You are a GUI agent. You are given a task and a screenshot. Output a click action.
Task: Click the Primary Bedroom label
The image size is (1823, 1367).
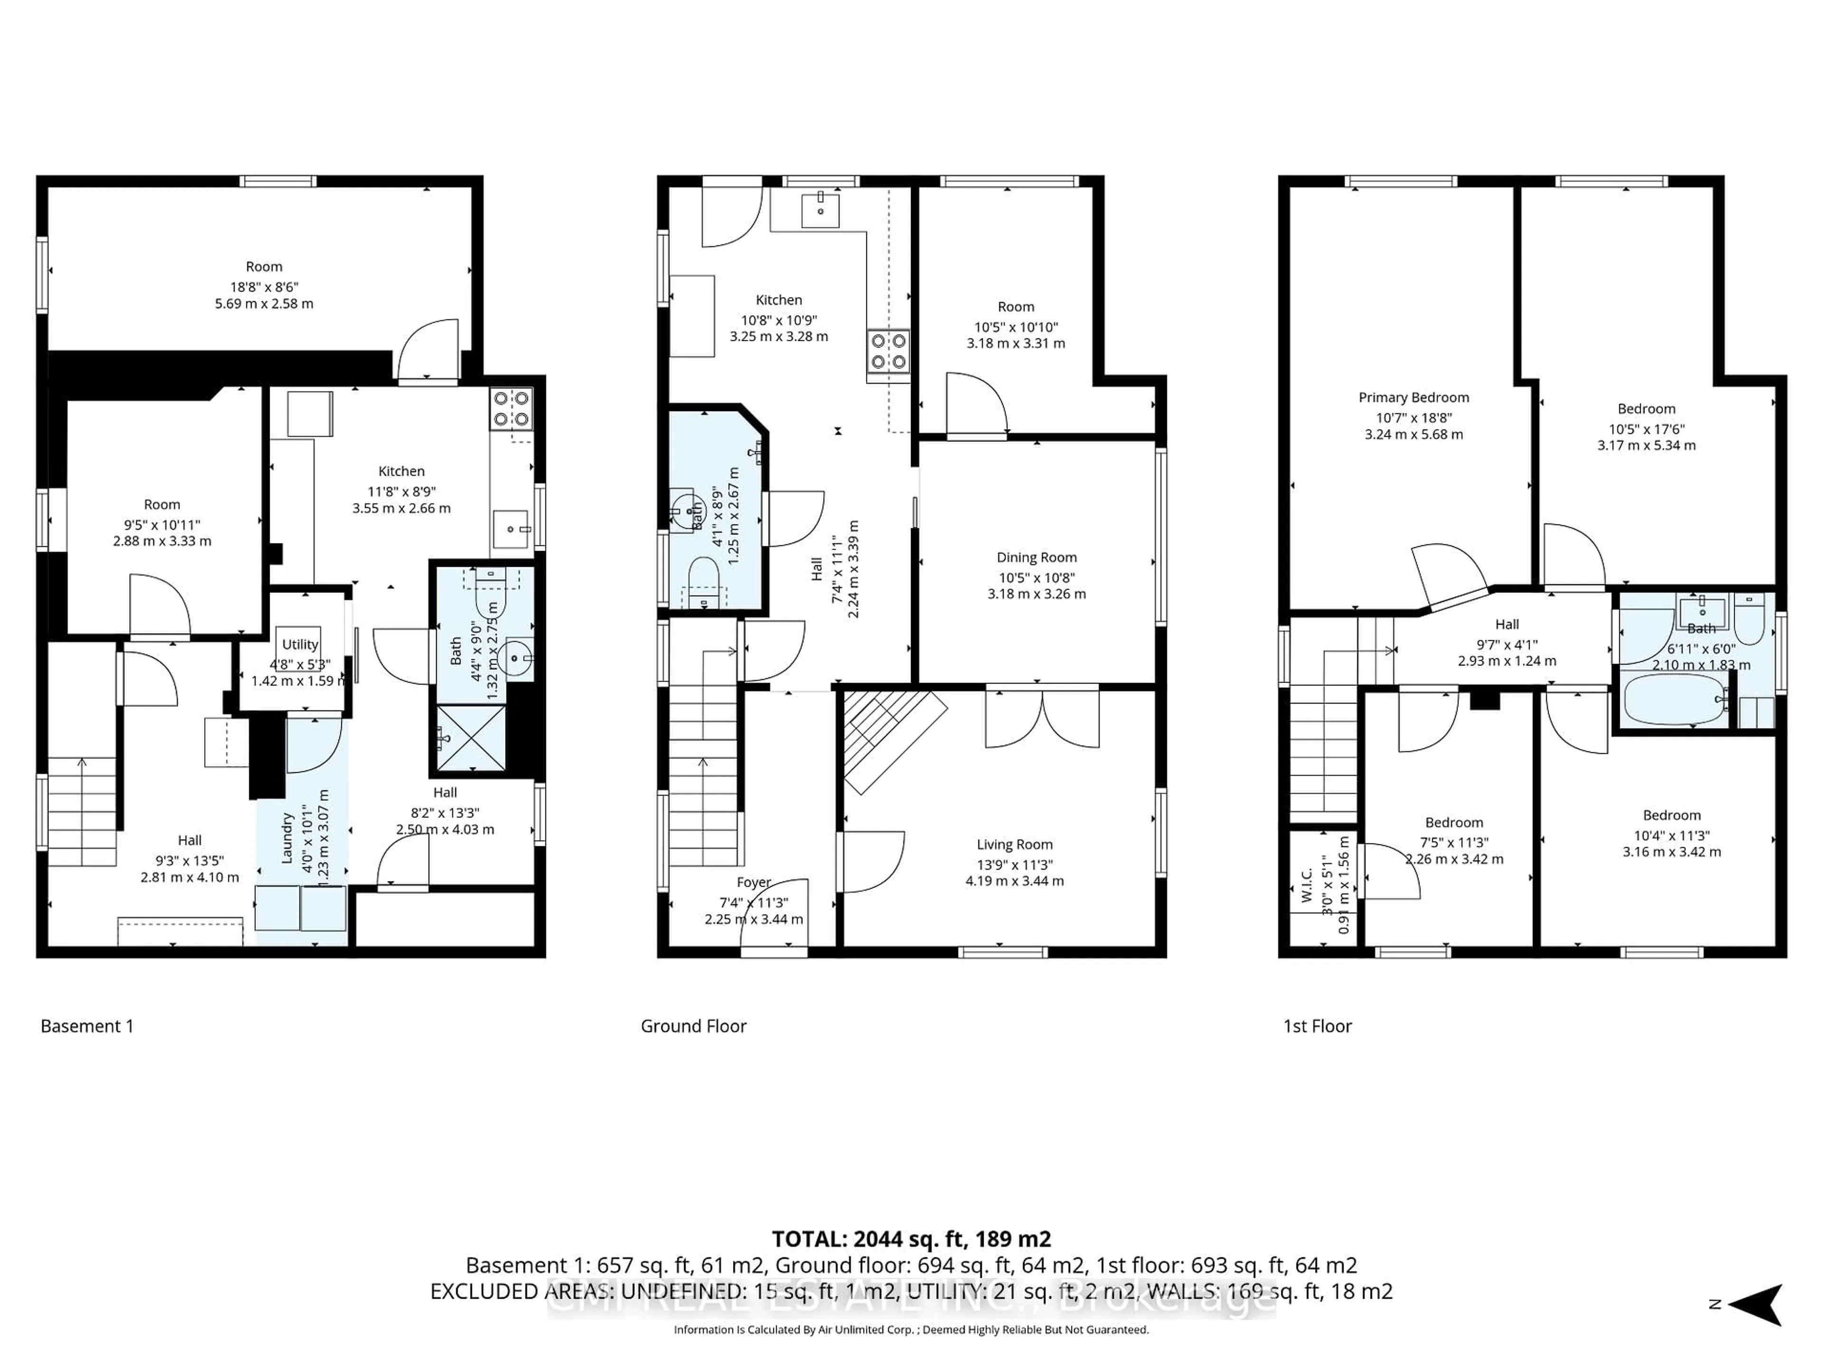[1413, 397]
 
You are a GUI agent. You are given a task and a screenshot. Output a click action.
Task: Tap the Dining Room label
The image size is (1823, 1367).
[1036, 558]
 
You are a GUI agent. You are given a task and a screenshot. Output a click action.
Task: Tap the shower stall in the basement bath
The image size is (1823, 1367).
[470, 738]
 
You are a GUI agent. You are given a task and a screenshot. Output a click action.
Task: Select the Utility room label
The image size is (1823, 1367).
[300, 645]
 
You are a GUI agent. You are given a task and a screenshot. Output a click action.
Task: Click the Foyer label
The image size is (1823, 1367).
[753, 882]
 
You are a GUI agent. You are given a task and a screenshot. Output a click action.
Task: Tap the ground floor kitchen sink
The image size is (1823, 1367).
[820, 210]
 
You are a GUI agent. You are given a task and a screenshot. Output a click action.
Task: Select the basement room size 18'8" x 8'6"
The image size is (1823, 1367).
[264, 287]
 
